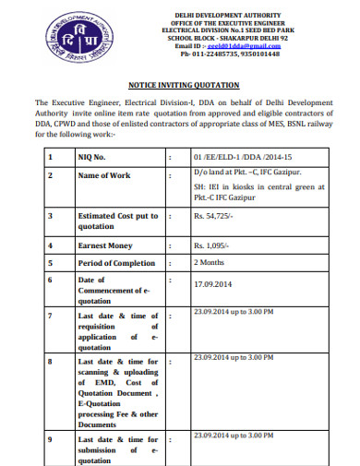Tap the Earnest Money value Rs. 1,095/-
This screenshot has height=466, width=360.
click(211, 246)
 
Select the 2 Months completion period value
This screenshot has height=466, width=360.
click(210, 261)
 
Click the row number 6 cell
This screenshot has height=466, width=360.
click(51, 280)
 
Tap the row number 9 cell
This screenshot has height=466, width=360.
click(51, 440)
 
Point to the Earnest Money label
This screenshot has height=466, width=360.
click(107, 246)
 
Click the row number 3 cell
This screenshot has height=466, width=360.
click(51, 216)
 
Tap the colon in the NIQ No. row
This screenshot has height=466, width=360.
click(171, 157)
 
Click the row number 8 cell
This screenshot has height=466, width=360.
click(51, 362)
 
